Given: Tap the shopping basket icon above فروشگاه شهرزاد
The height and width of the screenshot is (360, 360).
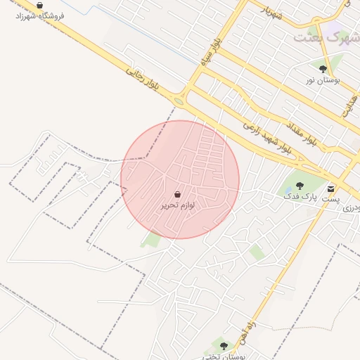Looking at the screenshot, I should [39, 5].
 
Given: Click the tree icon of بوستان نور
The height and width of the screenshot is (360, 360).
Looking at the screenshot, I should [323, 69].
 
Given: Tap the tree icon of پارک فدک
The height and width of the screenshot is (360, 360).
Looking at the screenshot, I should [300, 186].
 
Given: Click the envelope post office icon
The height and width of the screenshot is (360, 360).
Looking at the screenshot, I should [330, 188].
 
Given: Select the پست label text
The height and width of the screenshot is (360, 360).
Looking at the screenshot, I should [330, 199].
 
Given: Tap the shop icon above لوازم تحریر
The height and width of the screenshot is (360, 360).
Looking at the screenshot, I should [177, 194].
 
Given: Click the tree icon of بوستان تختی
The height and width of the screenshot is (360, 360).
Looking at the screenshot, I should [224, 345].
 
